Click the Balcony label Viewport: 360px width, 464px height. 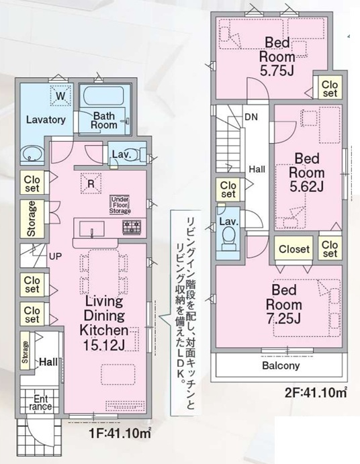pyautogui.click(x=280, y=366)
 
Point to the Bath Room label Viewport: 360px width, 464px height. pyautogui.click(x=105, y=120)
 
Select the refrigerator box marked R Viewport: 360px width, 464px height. pyautogui.click(x=89, y=181)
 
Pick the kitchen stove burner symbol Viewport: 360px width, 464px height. pyautogui.click(x=131, y=227)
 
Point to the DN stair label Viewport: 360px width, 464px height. pyautogui.click(x=251, y=117)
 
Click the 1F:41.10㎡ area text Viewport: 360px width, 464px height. pyautogui.click(x=119, y=434)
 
